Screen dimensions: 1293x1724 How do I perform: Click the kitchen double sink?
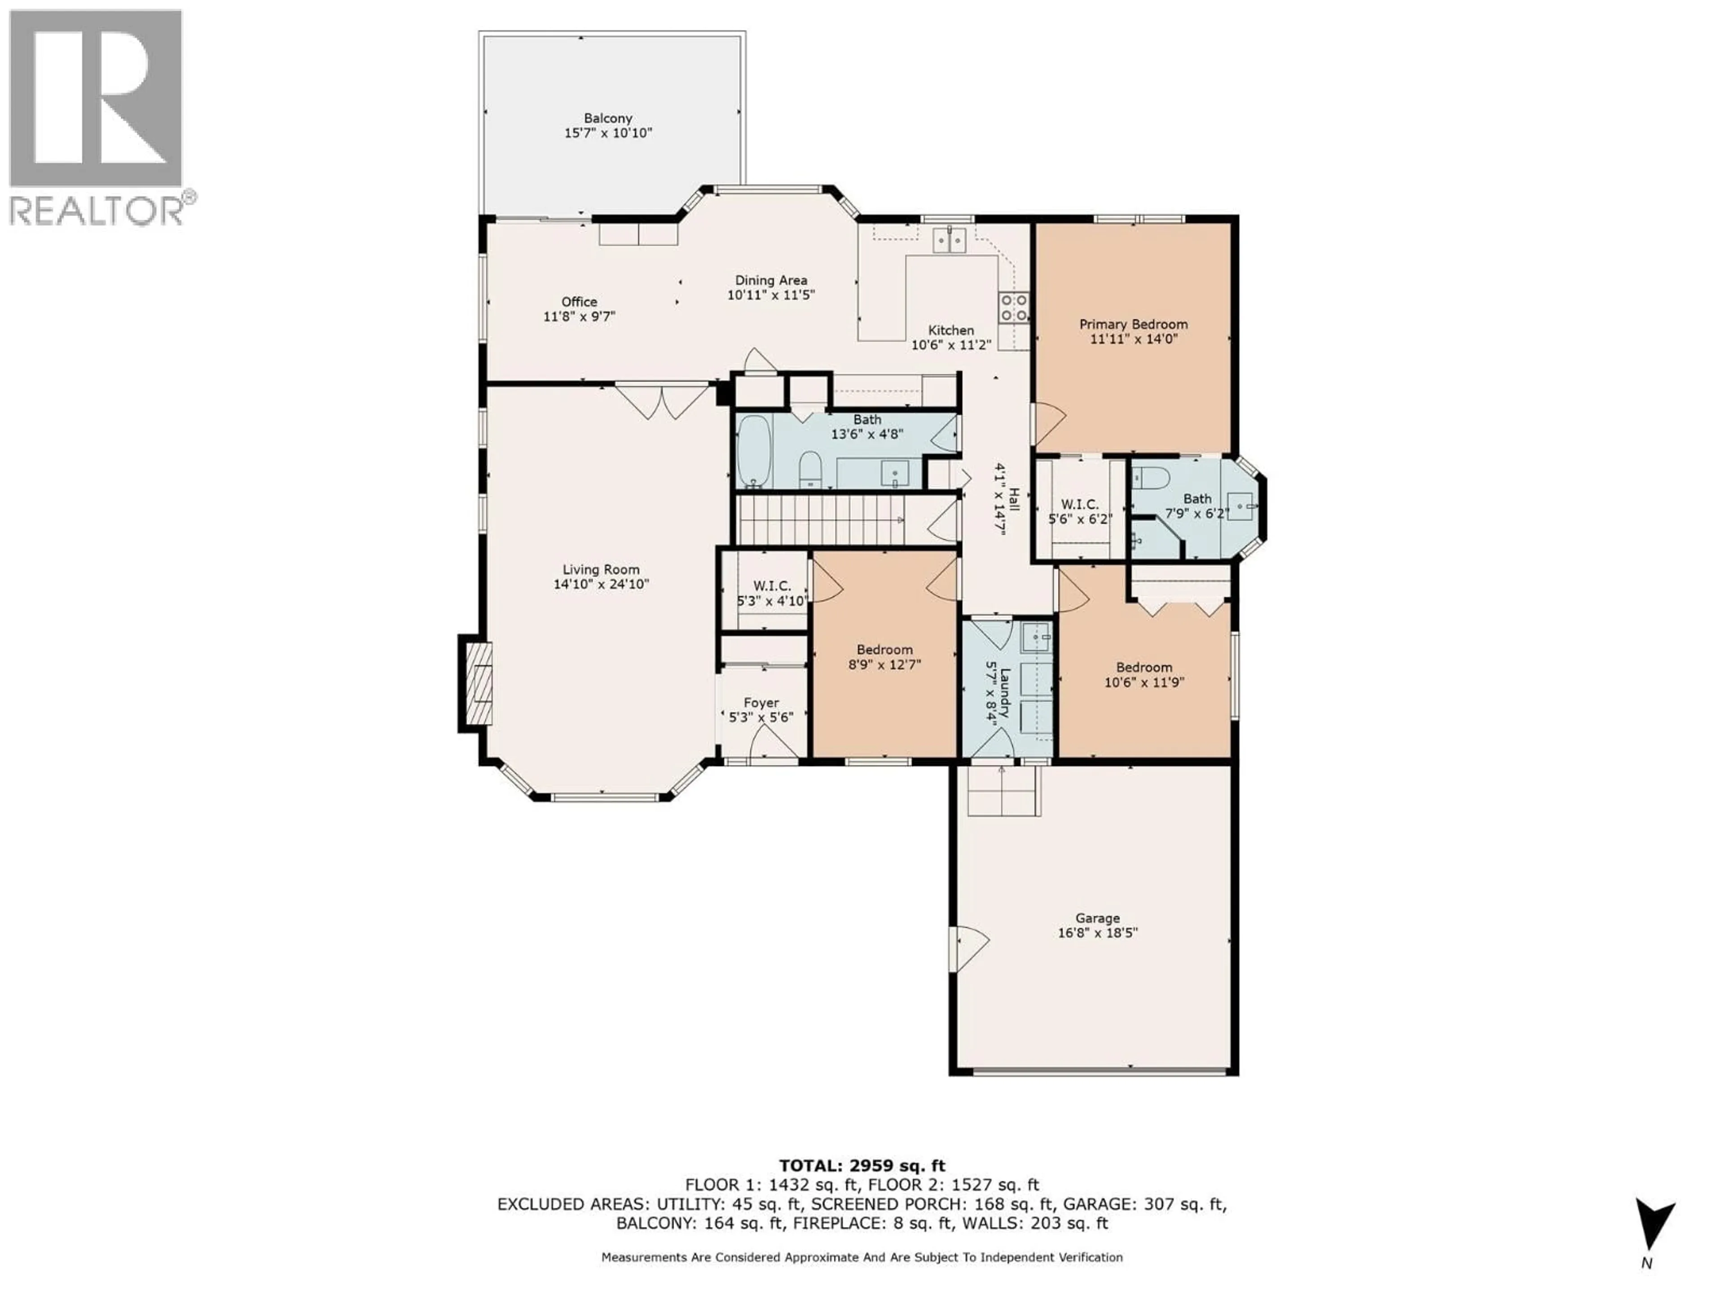click(x=949, y=240)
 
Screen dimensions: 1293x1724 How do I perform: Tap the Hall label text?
click(x=1014, y=499)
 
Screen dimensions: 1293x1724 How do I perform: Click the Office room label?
click(x=579, y=302)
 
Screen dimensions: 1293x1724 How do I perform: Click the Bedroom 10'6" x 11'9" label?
click(x=1143, y=667)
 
